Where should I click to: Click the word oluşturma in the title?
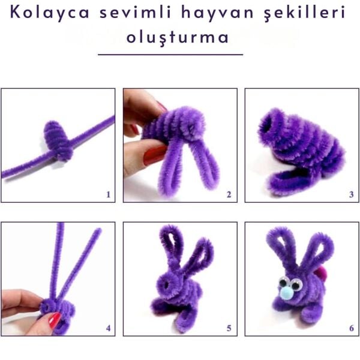coord(178,37)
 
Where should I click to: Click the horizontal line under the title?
coord(170,55)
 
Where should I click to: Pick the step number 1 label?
coord(108,194)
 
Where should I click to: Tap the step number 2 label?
coord(229,194)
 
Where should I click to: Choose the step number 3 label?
coord(351,194)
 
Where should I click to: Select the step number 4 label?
coord(108,328)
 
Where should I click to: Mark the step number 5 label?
coord(229,328)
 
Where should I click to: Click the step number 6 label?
coord(351,328)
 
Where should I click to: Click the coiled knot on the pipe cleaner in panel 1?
coord(58,139)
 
